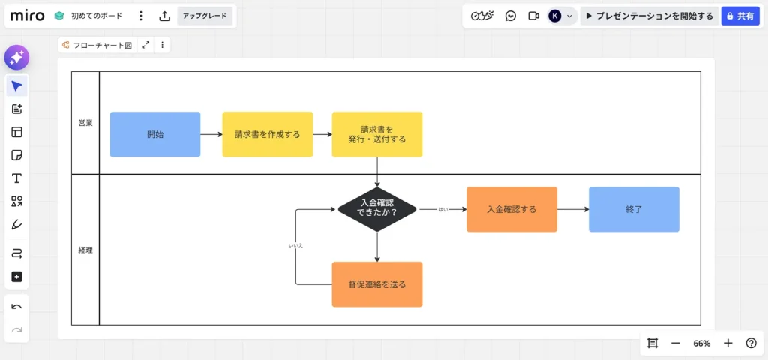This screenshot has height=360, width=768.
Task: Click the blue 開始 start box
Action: point(155,135)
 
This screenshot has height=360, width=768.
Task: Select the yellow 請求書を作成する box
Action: point(267,135)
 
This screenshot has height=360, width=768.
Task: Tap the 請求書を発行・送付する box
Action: point(377,135)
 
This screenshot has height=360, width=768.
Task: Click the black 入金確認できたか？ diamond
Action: point(376,208)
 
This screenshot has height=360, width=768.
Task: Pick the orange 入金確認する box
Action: point(511,209)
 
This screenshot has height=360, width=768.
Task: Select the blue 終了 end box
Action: point(634,209)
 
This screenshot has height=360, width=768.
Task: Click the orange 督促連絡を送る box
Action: point(377,284)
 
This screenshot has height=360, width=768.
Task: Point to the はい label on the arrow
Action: point(442,210)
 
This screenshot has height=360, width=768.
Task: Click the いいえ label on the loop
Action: point(295,245)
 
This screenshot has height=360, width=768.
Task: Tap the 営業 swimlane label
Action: point(85,123)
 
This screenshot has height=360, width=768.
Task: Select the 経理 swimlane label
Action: point(85,250)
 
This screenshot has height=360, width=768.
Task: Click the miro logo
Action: point(27,16)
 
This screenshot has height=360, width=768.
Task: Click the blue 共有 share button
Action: point(740,16)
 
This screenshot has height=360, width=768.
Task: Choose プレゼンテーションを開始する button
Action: point(649,16)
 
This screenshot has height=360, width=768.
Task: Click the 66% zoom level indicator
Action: point(701,343)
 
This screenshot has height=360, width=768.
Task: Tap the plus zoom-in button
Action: point(727,343)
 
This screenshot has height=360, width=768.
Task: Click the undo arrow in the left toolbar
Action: point(16,306)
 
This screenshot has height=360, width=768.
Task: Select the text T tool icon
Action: point(16,178)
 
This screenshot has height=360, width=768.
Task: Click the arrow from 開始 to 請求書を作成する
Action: point(211,135)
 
